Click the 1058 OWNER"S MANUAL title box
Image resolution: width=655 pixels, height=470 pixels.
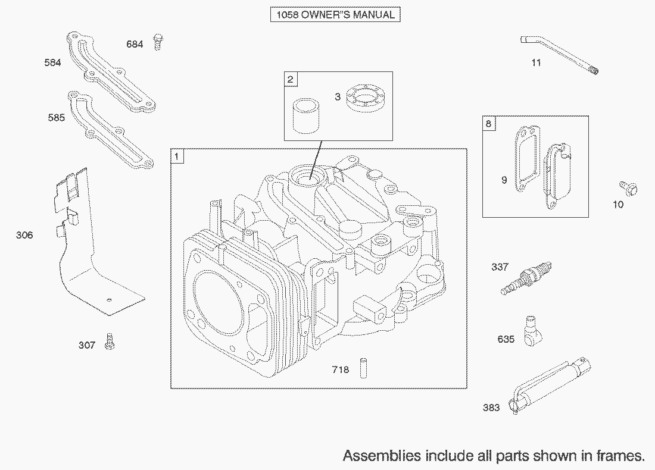(x=335, y=15)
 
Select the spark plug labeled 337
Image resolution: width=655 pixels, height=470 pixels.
(x=526, y=278)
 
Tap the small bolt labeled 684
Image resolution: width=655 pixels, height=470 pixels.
(x=158, y=42)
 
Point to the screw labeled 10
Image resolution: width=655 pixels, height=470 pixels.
(x=628, y=188)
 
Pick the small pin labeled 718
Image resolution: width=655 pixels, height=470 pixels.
(x=363, y=368)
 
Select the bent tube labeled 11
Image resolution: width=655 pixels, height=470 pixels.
(x=559, y=54)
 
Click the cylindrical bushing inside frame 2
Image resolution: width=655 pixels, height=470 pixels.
(x=305, y=115)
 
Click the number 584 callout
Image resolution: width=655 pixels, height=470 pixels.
(x=52, y=62)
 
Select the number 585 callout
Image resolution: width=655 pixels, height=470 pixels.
(x=57, y=118)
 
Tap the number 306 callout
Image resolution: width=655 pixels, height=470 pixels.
(x=24, y=236)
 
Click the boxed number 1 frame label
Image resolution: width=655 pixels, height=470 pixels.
(x=177, y=156)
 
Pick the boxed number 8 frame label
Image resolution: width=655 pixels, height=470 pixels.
(x=489, y=124)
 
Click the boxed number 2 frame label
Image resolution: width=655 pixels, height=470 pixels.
(x=291, y=79)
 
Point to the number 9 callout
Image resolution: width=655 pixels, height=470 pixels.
(x=504, y=180)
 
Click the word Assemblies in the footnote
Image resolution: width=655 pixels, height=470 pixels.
(x=382, y=456)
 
